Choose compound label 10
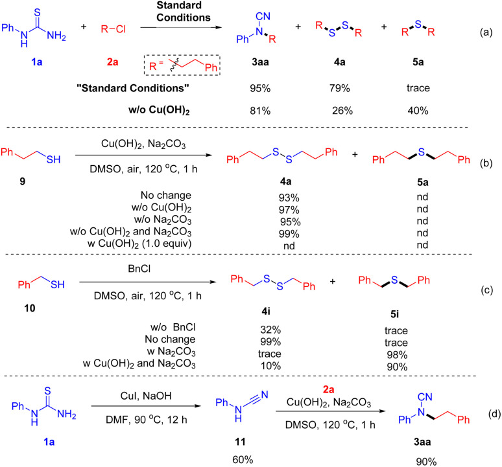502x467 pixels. pyautogui.click(x=22, y=304)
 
